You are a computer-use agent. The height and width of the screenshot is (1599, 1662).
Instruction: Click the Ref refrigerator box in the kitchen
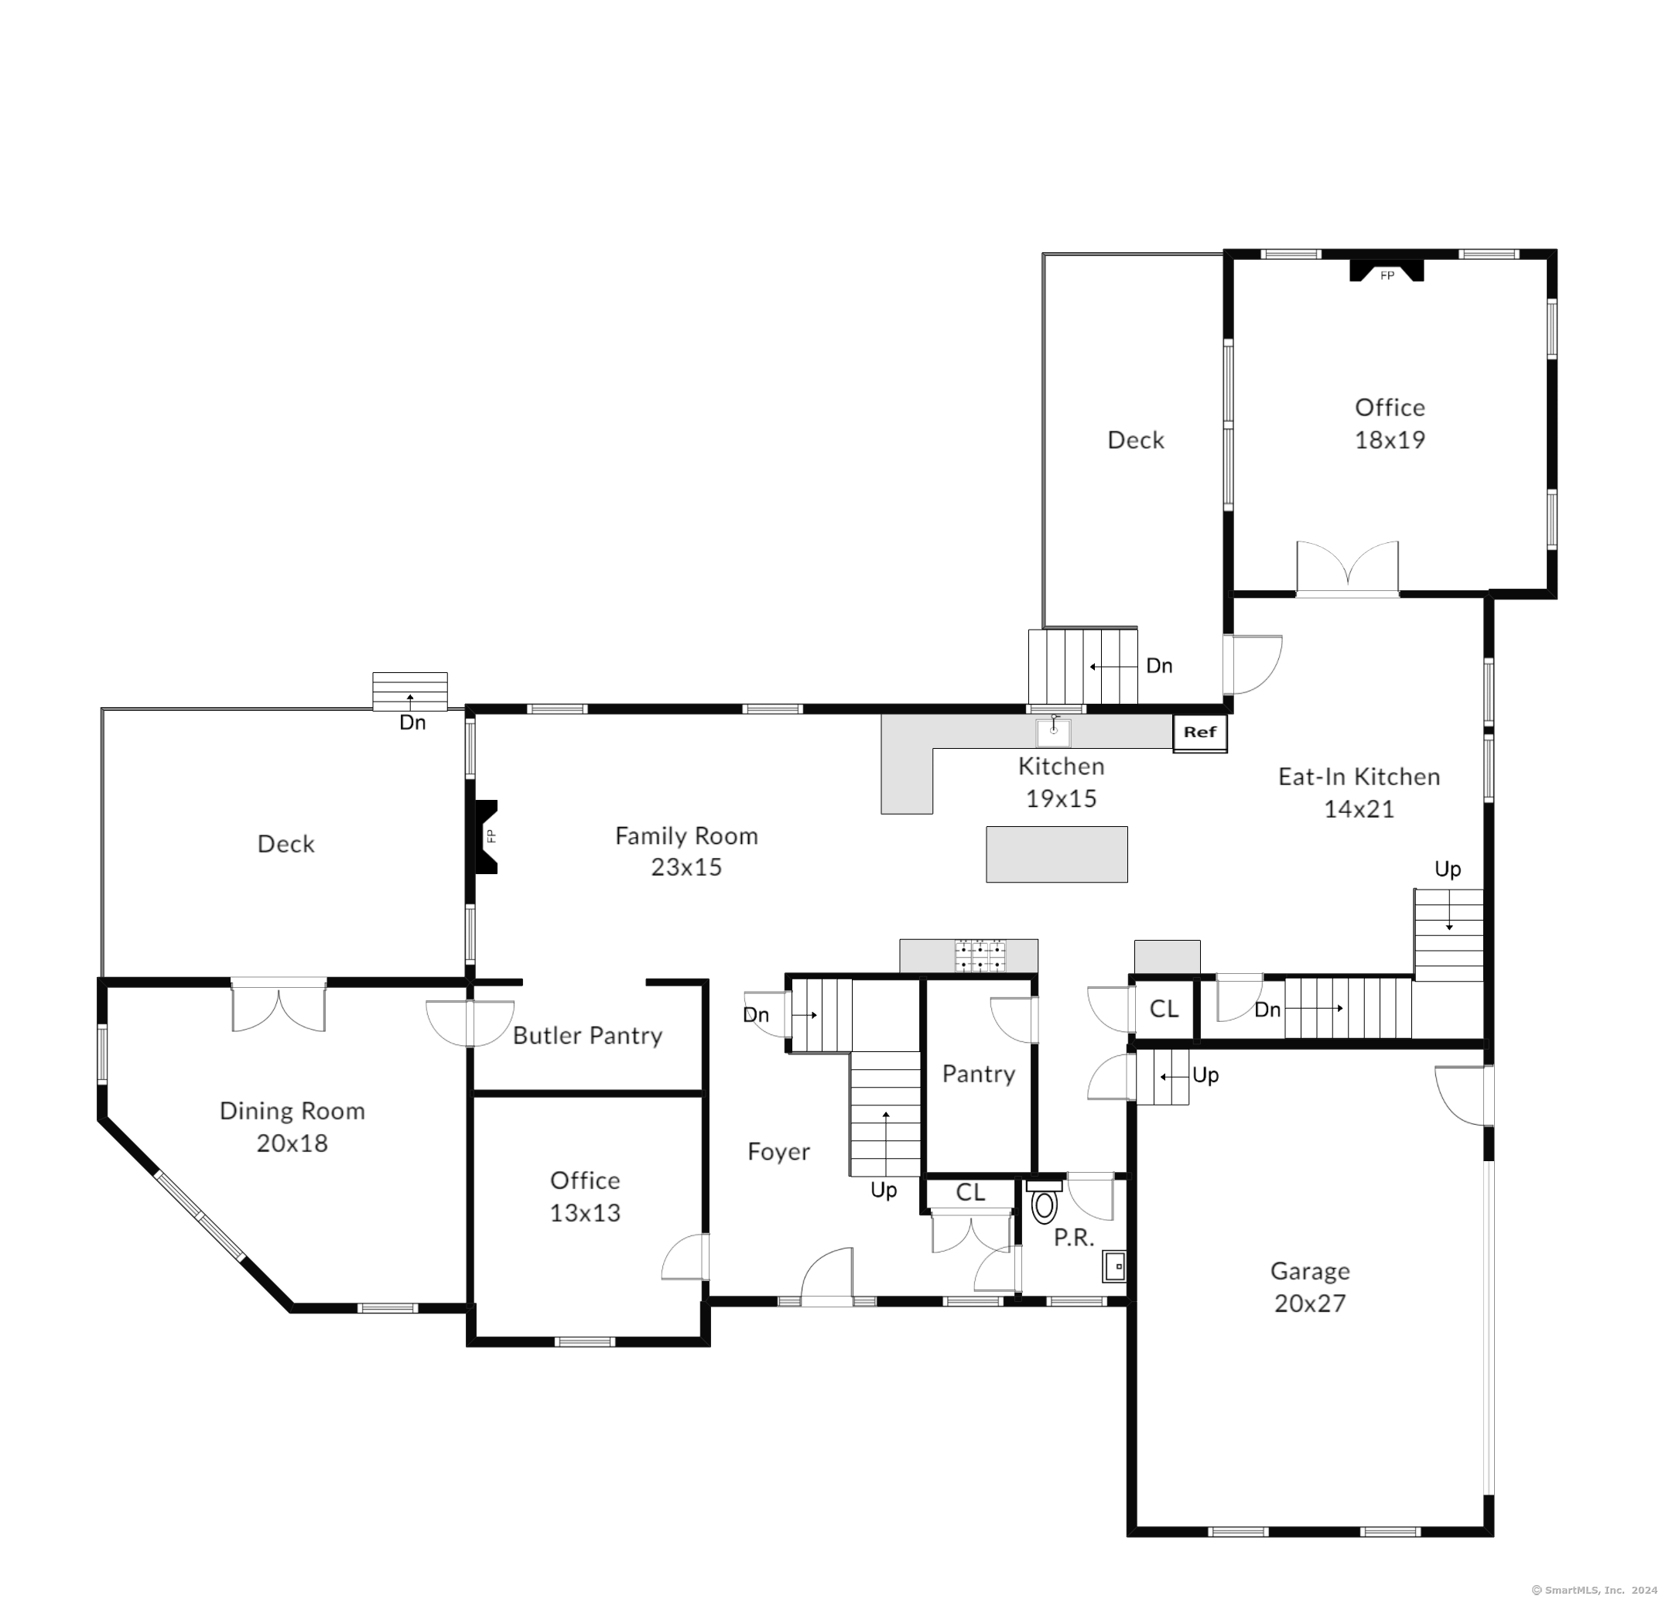tap(1200, 733)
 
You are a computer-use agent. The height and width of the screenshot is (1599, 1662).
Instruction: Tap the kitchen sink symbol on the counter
tap(1053, 733)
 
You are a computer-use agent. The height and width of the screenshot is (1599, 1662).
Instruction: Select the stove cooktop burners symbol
tap(980, 955)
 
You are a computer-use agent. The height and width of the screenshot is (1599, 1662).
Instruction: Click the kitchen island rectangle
tap(1057, 855)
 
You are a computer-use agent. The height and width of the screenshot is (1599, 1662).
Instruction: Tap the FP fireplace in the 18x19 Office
tap(1387, 271)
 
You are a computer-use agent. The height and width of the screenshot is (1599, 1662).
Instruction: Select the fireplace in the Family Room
tap(485, 837)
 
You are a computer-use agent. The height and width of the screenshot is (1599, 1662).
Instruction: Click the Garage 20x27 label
tap(1310, 1287)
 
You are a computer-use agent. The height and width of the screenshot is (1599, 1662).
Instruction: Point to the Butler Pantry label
tap(587, 1035)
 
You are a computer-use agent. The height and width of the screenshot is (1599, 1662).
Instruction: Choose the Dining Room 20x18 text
tap(292, 1127)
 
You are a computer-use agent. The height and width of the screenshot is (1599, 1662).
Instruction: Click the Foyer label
tap(778, 1151)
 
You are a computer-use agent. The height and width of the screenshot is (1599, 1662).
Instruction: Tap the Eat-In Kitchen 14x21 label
tap(1359, 793)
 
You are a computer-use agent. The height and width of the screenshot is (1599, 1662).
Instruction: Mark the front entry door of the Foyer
tap(827, 1276)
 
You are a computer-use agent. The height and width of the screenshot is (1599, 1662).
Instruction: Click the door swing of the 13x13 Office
tap(686, 1257)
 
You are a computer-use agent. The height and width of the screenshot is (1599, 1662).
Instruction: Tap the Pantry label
tap(979, 1075)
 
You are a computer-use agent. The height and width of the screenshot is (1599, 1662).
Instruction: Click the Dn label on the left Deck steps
tap(413, 723)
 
